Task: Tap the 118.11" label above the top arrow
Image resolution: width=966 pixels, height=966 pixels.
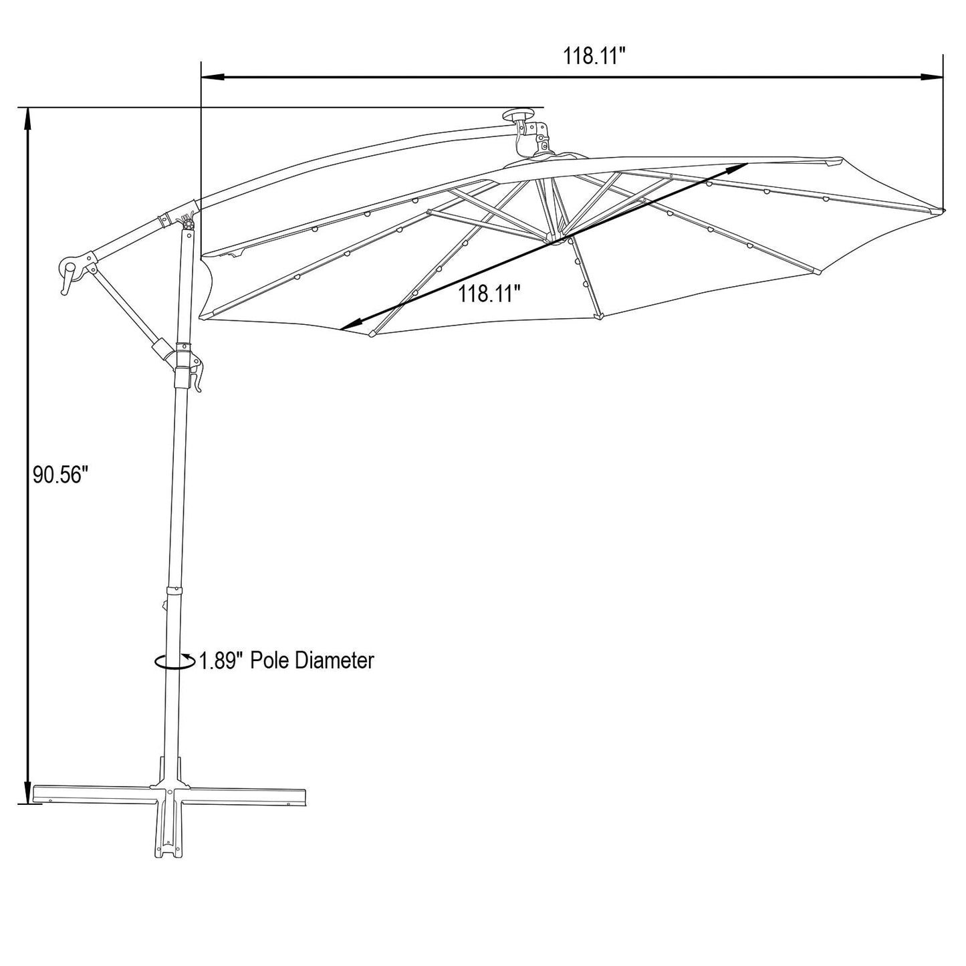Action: coord(596,56)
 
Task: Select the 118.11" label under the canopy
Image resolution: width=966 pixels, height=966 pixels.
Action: coord(490,293)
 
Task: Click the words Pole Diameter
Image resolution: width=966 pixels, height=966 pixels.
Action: coord(312,660)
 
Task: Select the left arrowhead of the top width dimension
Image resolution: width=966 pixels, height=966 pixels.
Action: coord(211,77)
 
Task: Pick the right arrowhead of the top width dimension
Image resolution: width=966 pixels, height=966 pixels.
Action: coord(932,77)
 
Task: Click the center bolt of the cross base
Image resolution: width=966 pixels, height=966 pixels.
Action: coord(171,793)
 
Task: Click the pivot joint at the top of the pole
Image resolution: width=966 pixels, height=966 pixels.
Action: coord(188,223)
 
